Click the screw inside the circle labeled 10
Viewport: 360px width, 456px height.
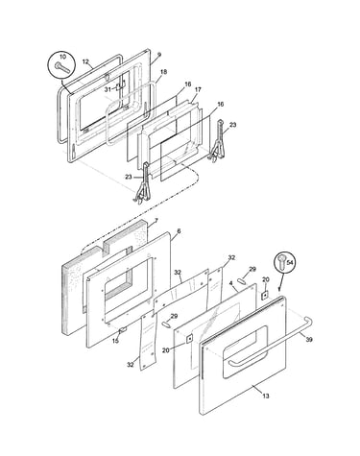point(61,67)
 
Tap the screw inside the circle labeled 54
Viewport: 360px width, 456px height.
point(282,262)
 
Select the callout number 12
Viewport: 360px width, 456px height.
point(85,61)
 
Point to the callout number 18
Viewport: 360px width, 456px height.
point(163,72)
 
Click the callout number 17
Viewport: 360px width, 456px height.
point(198,89)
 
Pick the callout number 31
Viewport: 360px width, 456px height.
point(108,89)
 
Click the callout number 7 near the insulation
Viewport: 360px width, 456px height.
point(156,221)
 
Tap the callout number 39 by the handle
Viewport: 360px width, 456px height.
point(309,340)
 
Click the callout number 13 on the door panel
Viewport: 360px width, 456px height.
point(266,396)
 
